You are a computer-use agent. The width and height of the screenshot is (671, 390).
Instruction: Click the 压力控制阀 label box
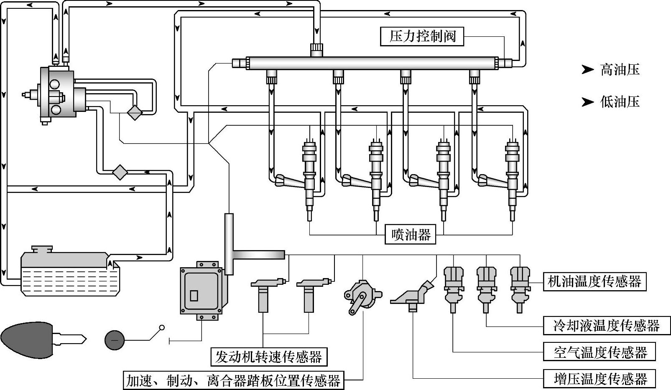(x=422, y=36)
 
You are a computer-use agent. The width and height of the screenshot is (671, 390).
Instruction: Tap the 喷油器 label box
(x=411, y=235)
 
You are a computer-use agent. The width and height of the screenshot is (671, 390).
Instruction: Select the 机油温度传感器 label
(x=594, y=281)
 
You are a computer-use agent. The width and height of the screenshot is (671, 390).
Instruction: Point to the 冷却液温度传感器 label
(x=606, y=325)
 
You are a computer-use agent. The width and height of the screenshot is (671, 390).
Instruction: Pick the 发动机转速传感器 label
(x=269, y=357)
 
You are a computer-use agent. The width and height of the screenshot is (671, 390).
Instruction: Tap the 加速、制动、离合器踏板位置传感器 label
(x=233, y=380)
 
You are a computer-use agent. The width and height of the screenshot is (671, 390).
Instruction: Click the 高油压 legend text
(x=620, y=70)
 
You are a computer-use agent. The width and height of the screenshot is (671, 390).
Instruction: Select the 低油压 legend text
(x=620, y=101)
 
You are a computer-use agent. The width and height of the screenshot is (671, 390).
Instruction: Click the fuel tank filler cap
(x=42, y=249)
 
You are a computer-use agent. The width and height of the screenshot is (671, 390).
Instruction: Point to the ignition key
(x=42, y=339)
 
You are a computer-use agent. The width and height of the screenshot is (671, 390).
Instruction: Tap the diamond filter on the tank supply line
(x=120, y=172)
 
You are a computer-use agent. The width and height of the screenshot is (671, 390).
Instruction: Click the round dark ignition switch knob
(x=115, y=340)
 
